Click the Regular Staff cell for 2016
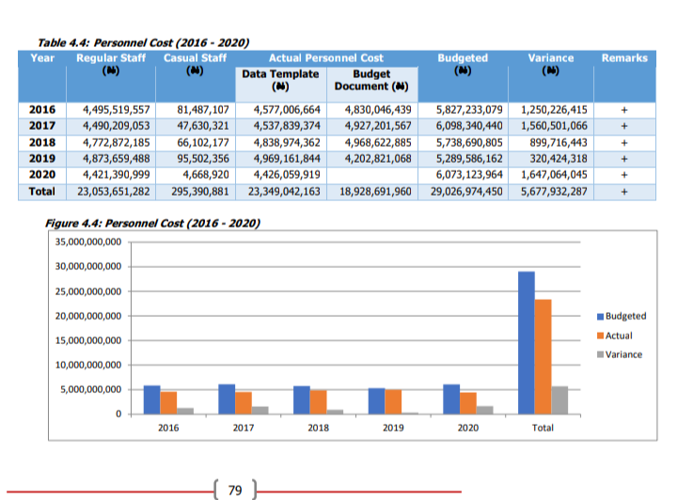pos(117,110)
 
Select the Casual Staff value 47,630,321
pos(203,126)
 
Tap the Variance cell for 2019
pos(559,159)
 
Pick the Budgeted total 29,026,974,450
pos(466,192)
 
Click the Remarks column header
pos(624,58)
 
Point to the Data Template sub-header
pos(280,80)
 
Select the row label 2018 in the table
pos(42,142)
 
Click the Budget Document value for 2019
pos(378,159)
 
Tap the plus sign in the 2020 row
pos(624,175)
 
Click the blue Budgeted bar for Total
pos(527,343)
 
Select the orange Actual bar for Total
pos(543,357)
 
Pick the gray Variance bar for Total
pos(559,400)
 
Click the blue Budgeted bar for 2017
pos(227,399)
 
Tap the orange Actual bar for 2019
pos(393,402)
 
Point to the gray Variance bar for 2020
pos(485,411)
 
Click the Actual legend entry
pos(614,336)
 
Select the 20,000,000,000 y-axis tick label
pos(88,316)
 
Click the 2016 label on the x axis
pos(168,428)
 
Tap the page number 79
pos(235,491)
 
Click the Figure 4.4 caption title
pos(153,224)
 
